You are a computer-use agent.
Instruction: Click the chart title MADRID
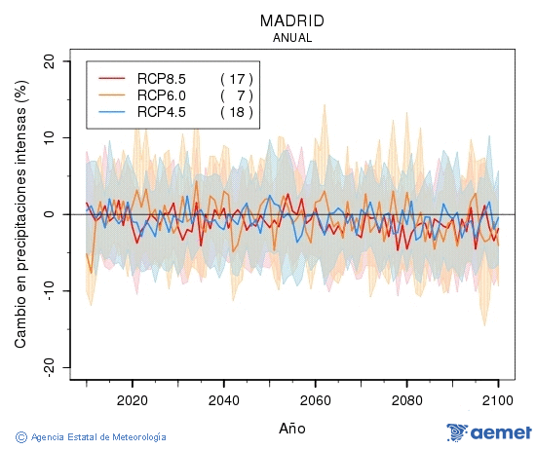(292, 20)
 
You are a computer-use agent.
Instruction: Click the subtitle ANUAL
(292, 38)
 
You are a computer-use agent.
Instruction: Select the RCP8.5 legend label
(162, 78)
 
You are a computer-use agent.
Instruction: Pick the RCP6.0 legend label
(162, 94)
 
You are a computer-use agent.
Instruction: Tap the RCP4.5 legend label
(162, 112)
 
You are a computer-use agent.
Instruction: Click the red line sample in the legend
(113, 78)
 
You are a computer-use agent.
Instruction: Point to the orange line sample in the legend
(113, 95)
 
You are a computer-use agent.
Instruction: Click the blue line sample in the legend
(113, 112)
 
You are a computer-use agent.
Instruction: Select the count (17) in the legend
(237, 78)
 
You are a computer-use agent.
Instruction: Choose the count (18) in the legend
(237, 112)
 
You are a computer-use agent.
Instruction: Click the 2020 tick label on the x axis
(132, 400)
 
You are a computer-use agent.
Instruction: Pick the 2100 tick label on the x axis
(498, 400)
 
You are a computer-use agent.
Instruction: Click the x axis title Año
(292, 428)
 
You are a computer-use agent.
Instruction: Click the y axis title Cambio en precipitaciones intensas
(20, 214)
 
